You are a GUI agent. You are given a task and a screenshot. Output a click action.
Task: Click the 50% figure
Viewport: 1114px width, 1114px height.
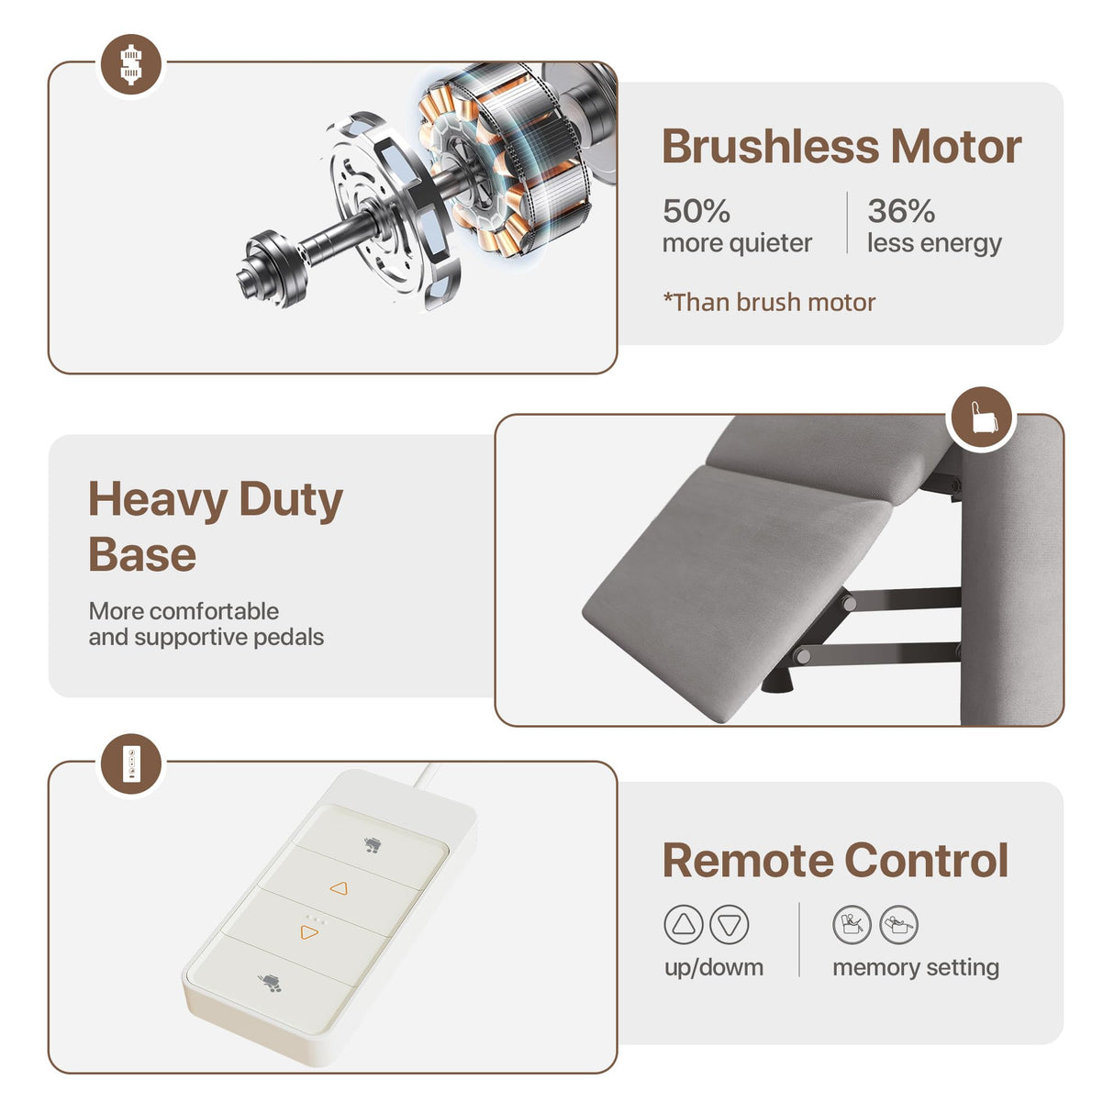696,211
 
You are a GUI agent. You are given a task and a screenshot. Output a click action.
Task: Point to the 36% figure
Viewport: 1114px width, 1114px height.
901,211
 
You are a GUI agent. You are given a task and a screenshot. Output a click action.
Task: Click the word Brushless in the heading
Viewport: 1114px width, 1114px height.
770,147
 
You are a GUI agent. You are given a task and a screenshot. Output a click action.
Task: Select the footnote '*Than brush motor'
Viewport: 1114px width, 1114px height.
769,302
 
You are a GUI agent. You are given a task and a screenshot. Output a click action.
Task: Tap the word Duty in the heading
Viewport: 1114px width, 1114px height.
291,501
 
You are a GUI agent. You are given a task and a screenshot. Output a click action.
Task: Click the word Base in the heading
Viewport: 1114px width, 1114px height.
142,554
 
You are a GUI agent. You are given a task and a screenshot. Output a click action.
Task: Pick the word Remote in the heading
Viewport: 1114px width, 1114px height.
749,862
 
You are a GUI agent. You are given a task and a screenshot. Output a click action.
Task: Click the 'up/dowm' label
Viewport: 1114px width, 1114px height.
713,968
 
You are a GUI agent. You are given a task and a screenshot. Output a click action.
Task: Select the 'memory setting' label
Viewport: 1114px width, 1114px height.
916,968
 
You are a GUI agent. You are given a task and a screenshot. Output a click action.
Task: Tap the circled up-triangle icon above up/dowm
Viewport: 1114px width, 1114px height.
684,924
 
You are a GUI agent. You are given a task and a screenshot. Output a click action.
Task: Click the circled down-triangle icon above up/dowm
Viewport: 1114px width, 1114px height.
729,924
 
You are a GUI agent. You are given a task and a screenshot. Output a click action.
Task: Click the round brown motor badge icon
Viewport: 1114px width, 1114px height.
131,64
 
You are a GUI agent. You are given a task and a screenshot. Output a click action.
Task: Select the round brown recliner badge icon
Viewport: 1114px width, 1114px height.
982,418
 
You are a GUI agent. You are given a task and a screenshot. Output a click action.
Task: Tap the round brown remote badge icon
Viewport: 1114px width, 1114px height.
131,763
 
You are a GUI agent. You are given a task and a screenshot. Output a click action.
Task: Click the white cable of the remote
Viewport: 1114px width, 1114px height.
423,774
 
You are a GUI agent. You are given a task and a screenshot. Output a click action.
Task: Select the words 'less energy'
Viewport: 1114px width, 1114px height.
934,243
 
